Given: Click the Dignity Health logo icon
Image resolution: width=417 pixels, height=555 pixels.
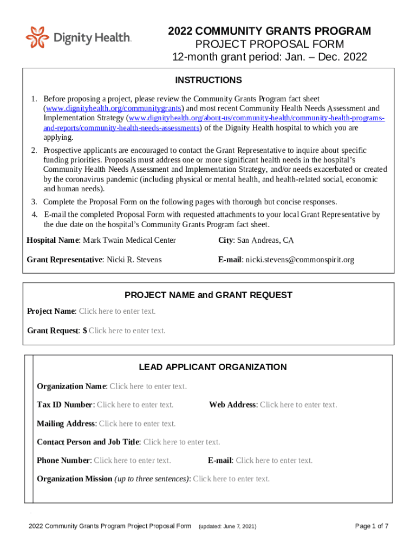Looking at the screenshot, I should coord(37,37).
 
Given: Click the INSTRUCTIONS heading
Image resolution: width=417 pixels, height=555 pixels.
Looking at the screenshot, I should coord(208,80).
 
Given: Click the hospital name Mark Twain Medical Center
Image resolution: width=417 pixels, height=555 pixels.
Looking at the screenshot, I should coord(129,240).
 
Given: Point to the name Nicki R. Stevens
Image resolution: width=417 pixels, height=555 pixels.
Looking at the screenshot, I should coord(134,260).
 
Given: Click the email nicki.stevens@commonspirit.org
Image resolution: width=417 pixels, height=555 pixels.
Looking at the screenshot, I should coord(299,260).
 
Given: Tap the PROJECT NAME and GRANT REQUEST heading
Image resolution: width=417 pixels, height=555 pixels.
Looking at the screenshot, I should coord(208,295).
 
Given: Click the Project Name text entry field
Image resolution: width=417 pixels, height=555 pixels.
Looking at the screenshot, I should coord(117,311).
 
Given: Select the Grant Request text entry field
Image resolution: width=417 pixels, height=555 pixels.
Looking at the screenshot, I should coord(127,331).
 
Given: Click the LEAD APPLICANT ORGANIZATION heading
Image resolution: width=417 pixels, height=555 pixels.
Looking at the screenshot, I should coord(213,367).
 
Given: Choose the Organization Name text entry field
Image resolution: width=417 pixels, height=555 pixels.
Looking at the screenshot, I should coord(148,386).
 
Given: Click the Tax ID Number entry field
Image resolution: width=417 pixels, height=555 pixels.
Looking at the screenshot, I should coord(135,405).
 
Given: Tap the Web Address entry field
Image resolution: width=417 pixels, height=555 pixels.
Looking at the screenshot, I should coord(298,405).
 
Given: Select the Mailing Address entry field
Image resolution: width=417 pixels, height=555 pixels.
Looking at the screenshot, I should coord(137,423).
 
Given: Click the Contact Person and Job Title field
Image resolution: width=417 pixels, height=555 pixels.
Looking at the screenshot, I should coord(181,442).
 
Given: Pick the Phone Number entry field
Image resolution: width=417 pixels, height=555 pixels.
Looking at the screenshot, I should coord(132,460).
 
